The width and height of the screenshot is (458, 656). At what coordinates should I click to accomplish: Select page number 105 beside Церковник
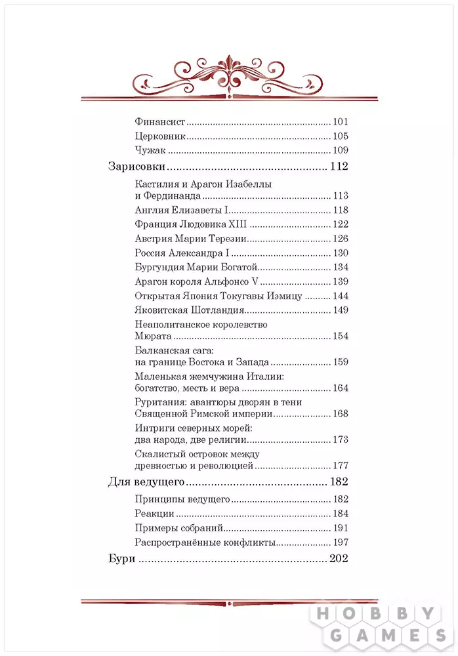coord(340,136)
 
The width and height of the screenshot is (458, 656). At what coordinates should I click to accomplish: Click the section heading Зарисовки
coord(136,167)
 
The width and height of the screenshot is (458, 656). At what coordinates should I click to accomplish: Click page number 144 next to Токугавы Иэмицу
coord(340,296)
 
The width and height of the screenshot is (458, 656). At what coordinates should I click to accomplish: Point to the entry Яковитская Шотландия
coord(189,310)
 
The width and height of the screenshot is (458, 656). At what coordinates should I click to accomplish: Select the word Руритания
coord(159,402)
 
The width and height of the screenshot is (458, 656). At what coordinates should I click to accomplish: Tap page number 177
coord(340,465)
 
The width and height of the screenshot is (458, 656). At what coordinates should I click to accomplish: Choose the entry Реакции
coord(154,514)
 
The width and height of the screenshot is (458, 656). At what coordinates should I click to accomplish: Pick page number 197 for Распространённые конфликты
coord(340,543)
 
